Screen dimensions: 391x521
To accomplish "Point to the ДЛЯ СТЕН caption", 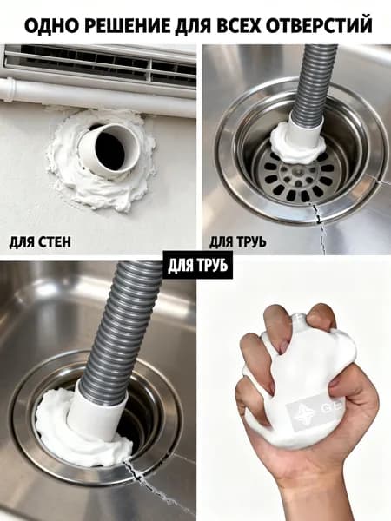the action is [40, 242].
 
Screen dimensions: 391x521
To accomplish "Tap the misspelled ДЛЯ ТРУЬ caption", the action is [238, 242].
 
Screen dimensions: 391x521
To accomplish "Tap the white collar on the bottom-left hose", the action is [97, 412].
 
